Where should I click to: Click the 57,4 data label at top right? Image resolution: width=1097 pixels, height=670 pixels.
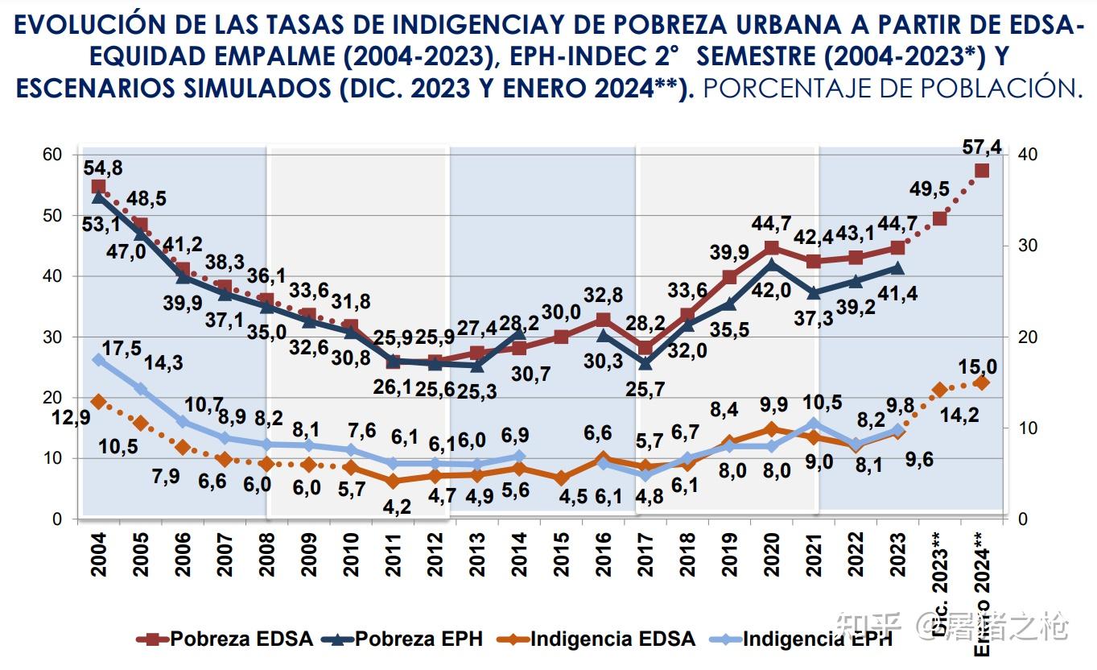983,147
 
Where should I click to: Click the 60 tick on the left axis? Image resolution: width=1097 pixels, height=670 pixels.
52,154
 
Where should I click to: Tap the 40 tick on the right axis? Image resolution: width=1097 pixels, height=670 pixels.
1028,154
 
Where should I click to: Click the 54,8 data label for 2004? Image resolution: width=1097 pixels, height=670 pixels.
102,167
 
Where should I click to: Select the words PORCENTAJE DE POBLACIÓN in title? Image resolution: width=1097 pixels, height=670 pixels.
893,89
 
